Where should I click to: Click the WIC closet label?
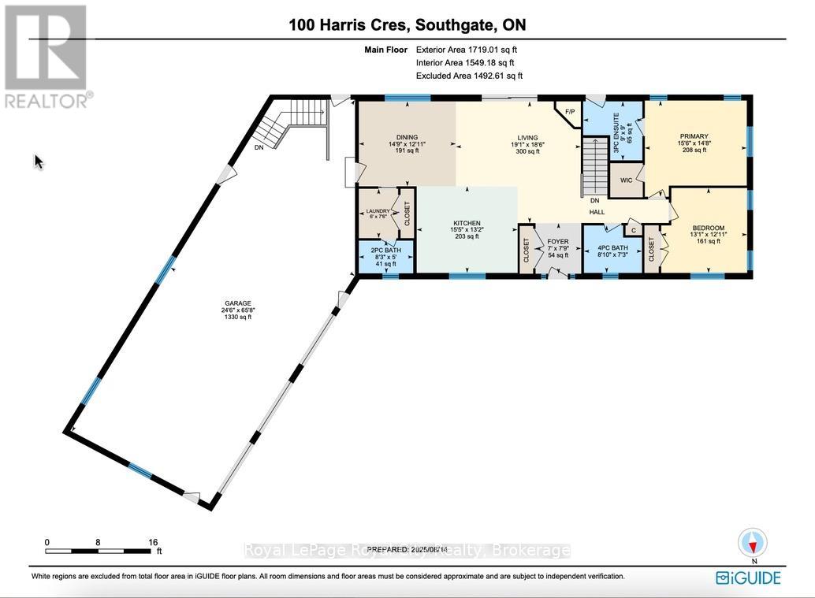627,180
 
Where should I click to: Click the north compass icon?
753,544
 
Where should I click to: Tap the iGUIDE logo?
749,578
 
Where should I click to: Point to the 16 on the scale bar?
153,542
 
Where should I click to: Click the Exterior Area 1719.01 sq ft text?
469,50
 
